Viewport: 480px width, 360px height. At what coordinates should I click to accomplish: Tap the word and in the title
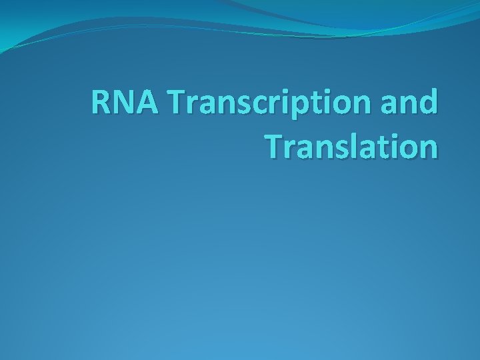coord(414,104)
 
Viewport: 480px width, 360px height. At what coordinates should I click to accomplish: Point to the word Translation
coord(351,145)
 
